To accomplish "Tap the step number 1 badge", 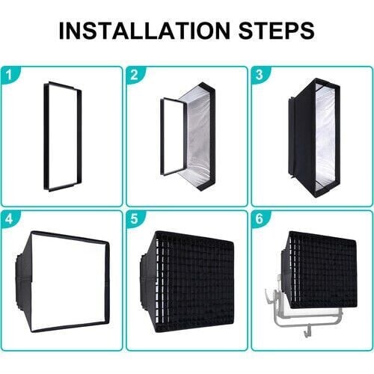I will [x=8, y=74].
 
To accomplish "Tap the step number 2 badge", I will [x=133, y=74].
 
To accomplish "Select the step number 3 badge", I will [x=258, y=74].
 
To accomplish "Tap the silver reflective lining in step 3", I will [x=326, y=138].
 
